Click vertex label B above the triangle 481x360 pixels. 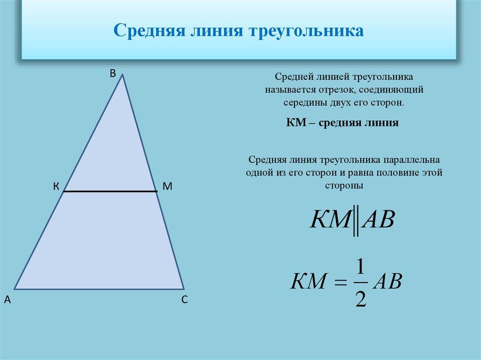[113, 73]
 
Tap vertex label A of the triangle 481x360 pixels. [7, 300]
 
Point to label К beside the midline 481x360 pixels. [55, 186]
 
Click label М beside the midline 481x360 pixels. [168, 186]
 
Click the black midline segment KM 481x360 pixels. [110, 191]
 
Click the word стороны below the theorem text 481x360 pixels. [344, 185]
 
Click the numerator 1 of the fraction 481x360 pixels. [360, 268]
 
